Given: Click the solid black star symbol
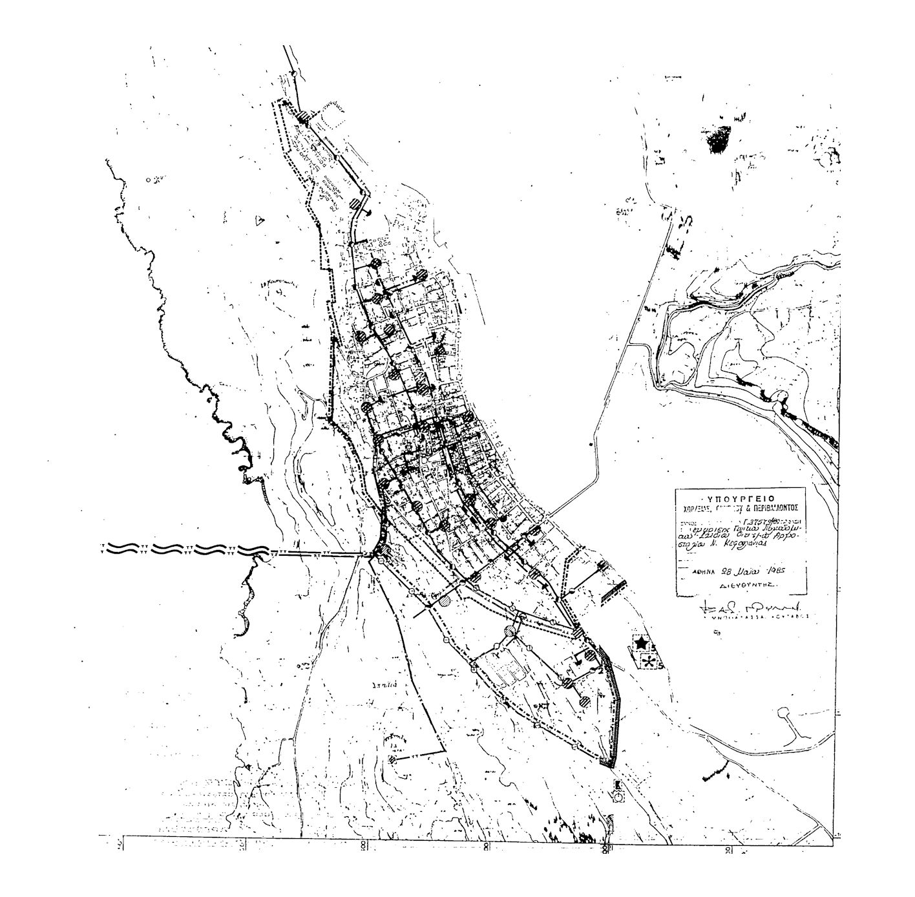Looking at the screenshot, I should coord(640,644).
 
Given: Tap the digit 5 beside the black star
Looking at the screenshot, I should coord(654,647).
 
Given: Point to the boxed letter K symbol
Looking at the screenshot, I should coord(618,784).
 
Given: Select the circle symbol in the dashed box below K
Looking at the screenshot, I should coord(619,797).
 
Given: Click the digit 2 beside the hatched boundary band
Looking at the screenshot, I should coord(600,671).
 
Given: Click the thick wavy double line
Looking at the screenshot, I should coord(187,549).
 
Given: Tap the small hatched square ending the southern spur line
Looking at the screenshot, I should coord(393,759).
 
